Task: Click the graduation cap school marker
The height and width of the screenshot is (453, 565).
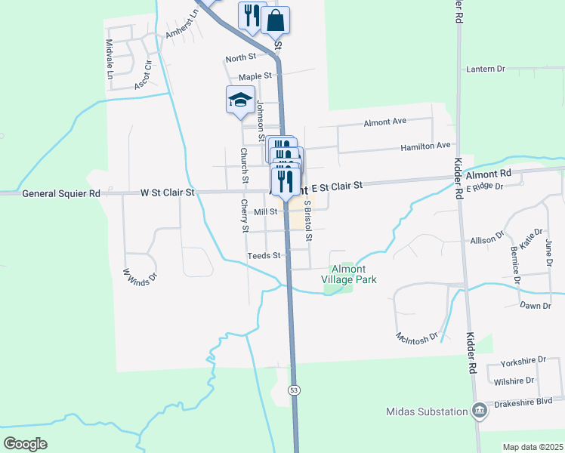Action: pyautogui.click(x=240, y=100)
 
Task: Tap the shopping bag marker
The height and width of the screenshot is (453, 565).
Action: pyautogui.click(x=275, y=21)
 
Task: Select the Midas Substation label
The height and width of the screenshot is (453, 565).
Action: pyautogui.click(x=426, y=411)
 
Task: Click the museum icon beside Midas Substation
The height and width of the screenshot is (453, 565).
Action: pyautogui.click(x=478, y=411)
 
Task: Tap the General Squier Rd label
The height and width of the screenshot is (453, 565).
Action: pyautogui.click(x=61, y=193)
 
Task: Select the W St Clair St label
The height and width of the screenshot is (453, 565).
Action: pyautogui.click(x=168, y=193)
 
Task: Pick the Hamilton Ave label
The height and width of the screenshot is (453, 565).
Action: pyautogui.click(x=425, y=145)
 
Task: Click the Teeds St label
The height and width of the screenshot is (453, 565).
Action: pyautogui.click(x=264, y=256)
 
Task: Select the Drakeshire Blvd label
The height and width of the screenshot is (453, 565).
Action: pyautogui.click(x=528, y=403)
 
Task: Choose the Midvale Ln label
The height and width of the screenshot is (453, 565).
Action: pyautogui.click(x=110, y=60)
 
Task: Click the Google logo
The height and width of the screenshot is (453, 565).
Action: pyautogui.click(x=25, y=443)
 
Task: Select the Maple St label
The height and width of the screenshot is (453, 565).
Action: pyautogui.click(x=255, y=76)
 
